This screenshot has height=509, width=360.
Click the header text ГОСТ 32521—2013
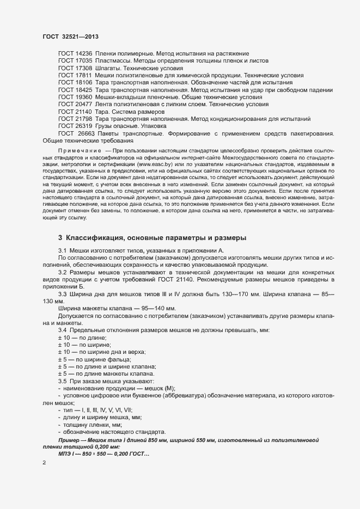(x=70, y=36)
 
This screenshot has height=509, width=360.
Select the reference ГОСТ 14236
(x=75, y=53)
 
